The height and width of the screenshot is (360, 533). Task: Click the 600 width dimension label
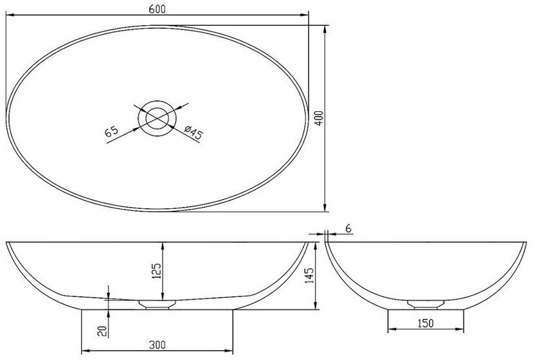[157, 9]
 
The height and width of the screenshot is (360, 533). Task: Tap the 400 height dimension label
[319, 118]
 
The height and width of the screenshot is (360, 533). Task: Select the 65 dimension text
[111, 131]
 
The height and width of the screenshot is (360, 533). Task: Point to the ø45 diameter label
[193, 132]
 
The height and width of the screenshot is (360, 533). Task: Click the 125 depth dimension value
[156, 271]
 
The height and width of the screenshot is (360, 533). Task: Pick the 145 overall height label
[309, 276]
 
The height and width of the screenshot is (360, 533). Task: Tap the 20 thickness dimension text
[102, 331]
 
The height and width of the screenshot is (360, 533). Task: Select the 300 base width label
[158, 345]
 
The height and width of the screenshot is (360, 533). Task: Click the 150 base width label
[425, 323]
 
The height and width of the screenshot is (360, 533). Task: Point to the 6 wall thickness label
[348, 229]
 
